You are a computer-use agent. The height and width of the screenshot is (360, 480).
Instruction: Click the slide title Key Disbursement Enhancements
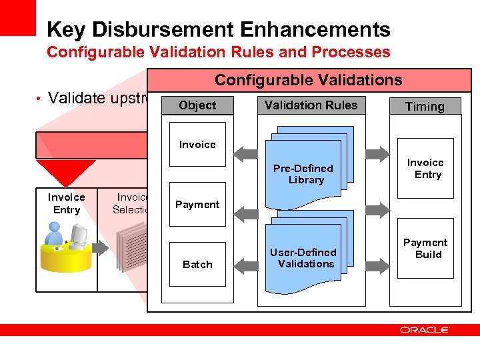[x=219, y=29]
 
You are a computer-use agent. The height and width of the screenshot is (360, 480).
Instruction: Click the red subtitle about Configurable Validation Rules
[x=219, y=52]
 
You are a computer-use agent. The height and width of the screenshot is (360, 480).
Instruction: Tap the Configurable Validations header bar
[x=308, y=81]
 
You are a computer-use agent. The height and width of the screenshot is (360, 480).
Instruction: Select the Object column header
[x=197, y=105]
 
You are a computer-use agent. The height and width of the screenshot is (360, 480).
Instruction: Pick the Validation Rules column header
[x=311, y=105]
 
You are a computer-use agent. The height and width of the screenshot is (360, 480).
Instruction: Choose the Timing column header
[x=425, y=107]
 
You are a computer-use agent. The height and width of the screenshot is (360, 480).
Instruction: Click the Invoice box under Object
[x=197, y=145]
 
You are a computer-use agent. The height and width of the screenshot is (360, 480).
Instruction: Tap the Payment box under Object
[x=197, y=205]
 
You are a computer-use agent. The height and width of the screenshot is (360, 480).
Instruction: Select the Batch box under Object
[x=197, y=264]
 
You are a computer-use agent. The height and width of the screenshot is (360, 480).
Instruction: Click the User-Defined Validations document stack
[x=306, y=257]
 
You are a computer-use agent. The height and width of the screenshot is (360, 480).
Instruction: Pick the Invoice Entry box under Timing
[x=425, y=168]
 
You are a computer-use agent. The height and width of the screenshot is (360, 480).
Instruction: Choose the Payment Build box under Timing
[x=425, y=248]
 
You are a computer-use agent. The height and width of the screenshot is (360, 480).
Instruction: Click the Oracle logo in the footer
[x=425, y=329]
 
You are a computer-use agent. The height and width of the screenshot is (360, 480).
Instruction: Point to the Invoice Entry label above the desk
[x=67, y=203]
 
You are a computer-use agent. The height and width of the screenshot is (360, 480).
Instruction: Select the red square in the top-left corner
[x=17, y=17]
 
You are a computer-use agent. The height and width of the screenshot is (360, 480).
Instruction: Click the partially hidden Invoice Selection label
[x=131, y=203]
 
